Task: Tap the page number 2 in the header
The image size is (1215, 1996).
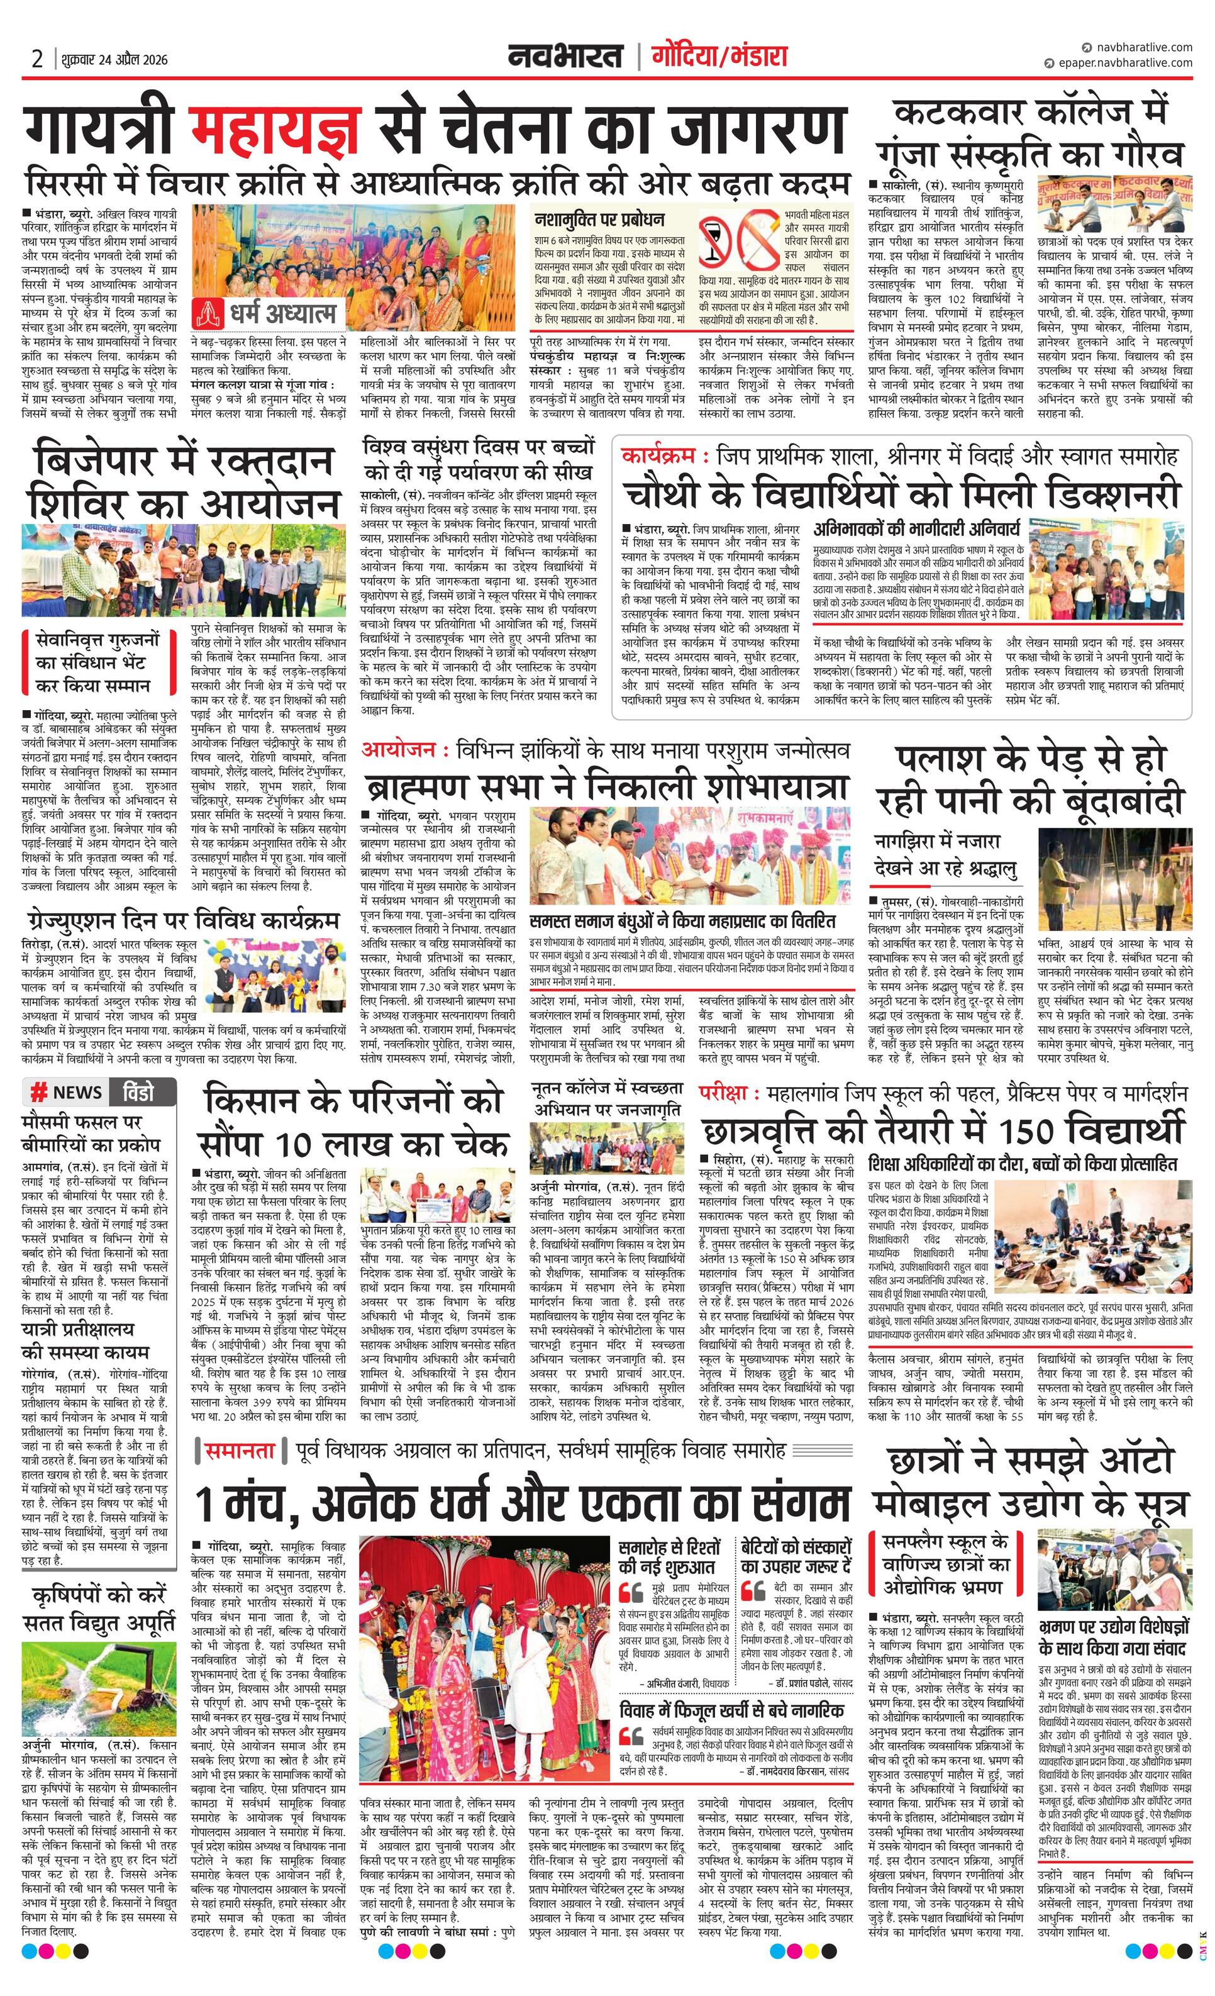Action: click(37, 59)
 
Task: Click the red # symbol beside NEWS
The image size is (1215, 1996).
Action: click(37, 1093)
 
